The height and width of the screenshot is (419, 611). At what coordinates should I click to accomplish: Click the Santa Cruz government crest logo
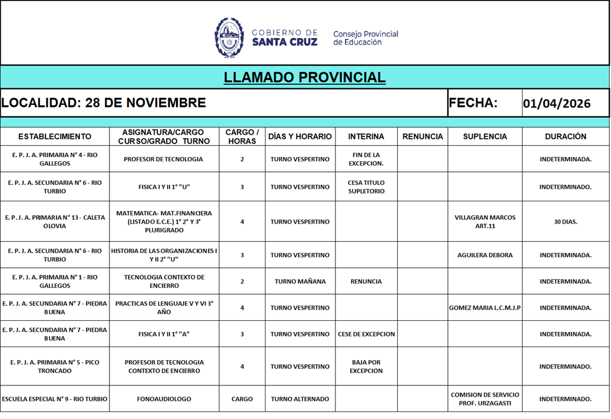pyautogui.click(x=229, y=37)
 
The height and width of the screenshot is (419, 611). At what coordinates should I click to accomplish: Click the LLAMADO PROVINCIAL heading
pyautogui.click(x=304, y=78)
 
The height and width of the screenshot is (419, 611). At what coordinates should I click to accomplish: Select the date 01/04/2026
pyautogui.click(x=556, y=104)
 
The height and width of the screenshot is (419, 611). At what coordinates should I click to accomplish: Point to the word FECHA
pyautogui.click(x=473, y=103)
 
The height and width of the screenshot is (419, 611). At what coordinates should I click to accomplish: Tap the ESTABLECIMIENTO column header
pyautogui.click(x=55, y=137)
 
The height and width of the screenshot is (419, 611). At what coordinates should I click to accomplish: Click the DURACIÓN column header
pyautogui.click(x=565, y=137)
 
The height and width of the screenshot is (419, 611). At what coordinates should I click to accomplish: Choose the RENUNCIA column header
pyautogui.click(x=422, y=137)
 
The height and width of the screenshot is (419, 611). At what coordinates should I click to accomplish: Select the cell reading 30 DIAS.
pyautogui.click(x=565, y=222)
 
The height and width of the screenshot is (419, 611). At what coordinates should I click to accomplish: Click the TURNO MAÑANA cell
pyautogui.click(x=300, y=281)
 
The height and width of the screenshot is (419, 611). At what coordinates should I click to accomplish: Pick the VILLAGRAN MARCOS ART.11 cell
pyautogui.click(x=484, y=222)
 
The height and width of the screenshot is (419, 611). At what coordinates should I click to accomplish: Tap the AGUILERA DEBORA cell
pyautogui.click(x=484, y=255)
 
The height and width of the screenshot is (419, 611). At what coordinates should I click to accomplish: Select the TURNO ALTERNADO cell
pyautogui.click(x=300, y=399)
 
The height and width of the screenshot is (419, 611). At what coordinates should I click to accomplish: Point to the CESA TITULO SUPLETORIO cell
pyautogui.click(x=366, y=187)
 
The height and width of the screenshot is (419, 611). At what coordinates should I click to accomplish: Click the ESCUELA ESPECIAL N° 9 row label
pyautogui.click(x=55, y=399)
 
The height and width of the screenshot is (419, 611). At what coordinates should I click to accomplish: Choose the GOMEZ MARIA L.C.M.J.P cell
pyautogui.click(x=484, y=308)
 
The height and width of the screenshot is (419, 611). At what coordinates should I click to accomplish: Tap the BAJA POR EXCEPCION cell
pyautogui.click(x=366, y=367)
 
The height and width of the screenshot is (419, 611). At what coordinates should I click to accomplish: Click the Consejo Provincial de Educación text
pyautogui.click(x=365, y=38)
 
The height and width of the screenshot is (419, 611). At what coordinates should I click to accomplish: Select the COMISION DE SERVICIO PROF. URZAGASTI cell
pyautogui.click(x=484, y=399)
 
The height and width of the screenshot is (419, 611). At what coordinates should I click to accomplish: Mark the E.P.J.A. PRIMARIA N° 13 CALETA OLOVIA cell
pyautogui.click(x=55, y=222)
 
